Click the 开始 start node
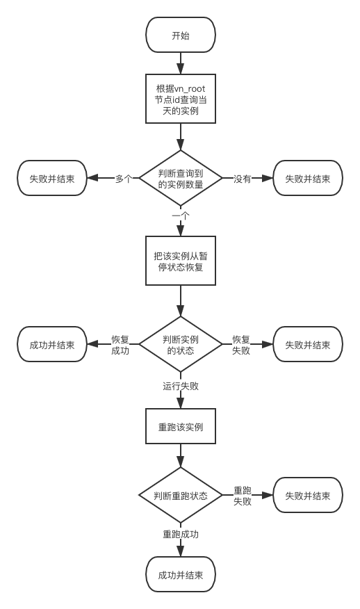[181, 35]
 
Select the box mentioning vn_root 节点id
[181, 98]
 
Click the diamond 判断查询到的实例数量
[181, 178]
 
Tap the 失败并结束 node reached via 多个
[52, 178]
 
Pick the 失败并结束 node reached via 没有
[308, 178]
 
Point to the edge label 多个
[124, 178]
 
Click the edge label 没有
[242, 178]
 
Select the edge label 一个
[181, 216]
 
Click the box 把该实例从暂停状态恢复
[181, 261]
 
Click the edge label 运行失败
[181, 384]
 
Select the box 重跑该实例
[181, 426]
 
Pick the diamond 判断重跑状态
[181, 495]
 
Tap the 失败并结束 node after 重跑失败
[308, 495]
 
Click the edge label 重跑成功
[181, 534]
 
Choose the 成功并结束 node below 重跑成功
[181, 575]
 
